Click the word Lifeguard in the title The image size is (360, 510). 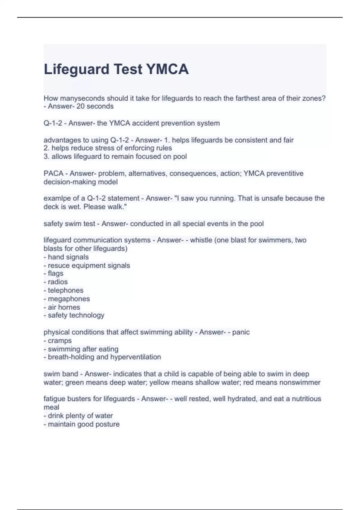(x=76, y=69)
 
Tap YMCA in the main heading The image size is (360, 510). (x=167, y=69)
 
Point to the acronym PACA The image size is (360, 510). (x=53, y=173)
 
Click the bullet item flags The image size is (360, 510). (x=55, y=273)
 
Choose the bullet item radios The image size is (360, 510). (x=58, y=282)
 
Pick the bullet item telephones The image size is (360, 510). (x=65, y=290)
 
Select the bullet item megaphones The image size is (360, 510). (x=69, y=298)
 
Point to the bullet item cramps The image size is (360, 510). (x=60, y=340)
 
